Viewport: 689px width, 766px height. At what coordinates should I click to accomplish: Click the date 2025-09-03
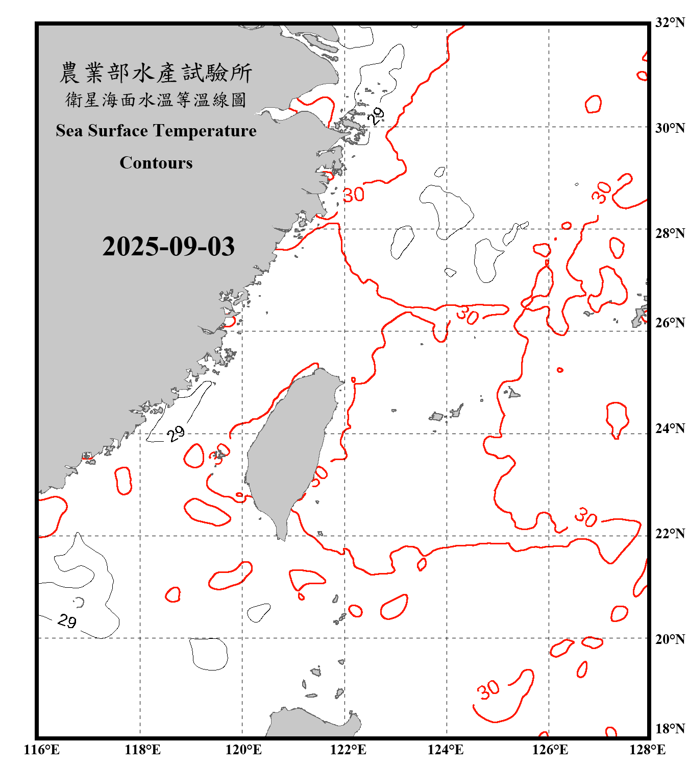(168, 247)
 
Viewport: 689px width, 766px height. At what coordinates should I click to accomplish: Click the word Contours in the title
(156, 163)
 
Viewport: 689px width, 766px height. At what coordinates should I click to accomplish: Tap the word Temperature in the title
(206, 131)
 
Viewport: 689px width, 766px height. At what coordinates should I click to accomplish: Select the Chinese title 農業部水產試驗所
(156, 73)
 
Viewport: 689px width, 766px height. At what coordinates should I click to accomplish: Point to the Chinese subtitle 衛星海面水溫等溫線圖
(156, 100)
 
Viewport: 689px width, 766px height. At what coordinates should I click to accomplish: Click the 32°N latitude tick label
(670, 22)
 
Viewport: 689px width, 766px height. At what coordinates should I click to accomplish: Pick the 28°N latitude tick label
(670, 233)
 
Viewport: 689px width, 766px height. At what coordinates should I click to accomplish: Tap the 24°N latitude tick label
(670, 428)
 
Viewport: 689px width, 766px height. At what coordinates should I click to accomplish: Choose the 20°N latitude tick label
(670, 639)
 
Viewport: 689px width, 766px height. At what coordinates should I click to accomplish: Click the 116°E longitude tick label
(42, 750)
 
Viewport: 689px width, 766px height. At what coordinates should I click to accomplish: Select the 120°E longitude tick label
(243, 750)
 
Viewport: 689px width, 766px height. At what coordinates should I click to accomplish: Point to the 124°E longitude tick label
(446, 750)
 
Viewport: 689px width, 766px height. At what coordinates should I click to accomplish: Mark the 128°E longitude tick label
(647, 750)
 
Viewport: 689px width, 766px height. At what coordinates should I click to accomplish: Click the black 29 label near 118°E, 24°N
(176, 434)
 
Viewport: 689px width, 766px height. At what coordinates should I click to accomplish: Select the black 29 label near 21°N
(67, 621)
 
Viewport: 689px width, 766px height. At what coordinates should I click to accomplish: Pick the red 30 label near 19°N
(488, 690)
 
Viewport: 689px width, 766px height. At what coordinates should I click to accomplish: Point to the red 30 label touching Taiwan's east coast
(319, 476)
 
